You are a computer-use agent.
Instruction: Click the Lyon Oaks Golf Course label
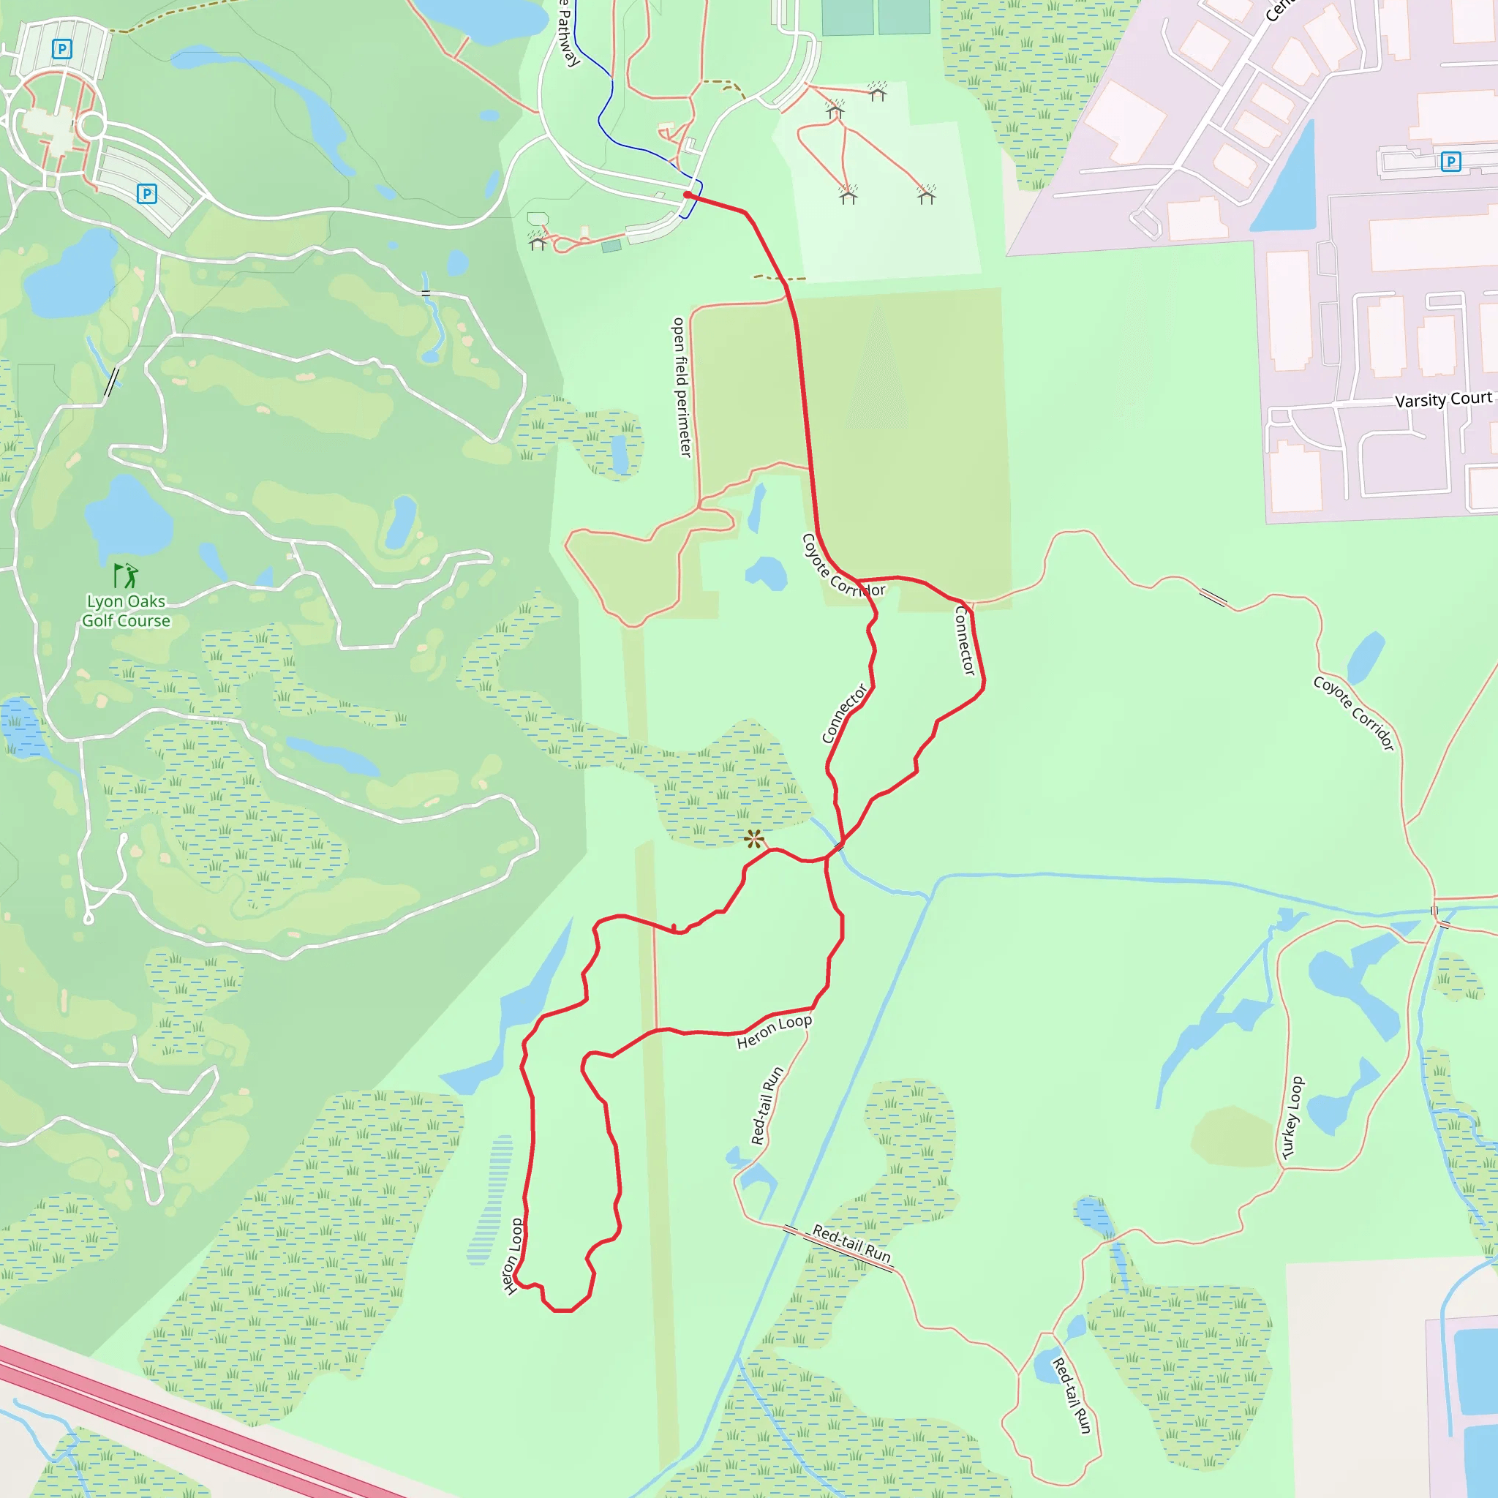(x=126, y=611)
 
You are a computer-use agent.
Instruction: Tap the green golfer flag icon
(x=126, y=576)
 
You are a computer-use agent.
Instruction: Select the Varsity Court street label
(x=1443, y=400)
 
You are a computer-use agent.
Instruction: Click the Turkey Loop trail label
(x=1292, y=1118)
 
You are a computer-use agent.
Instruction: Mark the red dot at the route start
(x=688, y=195)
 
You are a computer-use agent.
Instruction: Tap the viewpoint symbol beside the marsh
(x=753, y=838)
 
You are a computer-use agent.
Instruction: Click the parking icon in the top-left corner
(x=62, y=50)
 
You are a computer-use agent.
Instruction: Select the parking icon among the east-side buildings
(x=1450, y=161)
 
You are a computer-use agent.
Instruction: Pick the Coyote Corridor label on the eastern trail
(x=1354, y=712)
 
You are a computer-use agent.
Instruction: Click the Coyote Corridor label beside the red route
(x=842, y=567)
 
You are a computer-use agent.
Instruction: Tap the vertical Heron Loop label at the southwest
(x=513, y=1256)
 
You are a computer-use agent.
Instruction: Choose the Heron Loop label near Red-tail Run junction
(x=774, y=1032)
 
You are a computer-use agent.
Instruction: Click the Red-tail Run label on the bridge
(x=851, y=1242)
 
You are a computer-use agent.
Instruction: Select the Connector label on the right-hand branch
(x=965, y=641)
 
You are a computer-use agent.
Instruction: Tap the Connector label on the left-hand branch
(x=844, y=713)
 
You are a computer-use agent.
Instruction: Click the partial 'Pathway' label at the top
(x=568, y=34)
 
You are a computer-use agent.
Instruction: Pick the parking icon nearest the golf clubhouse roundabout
(x=146, y=193)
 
